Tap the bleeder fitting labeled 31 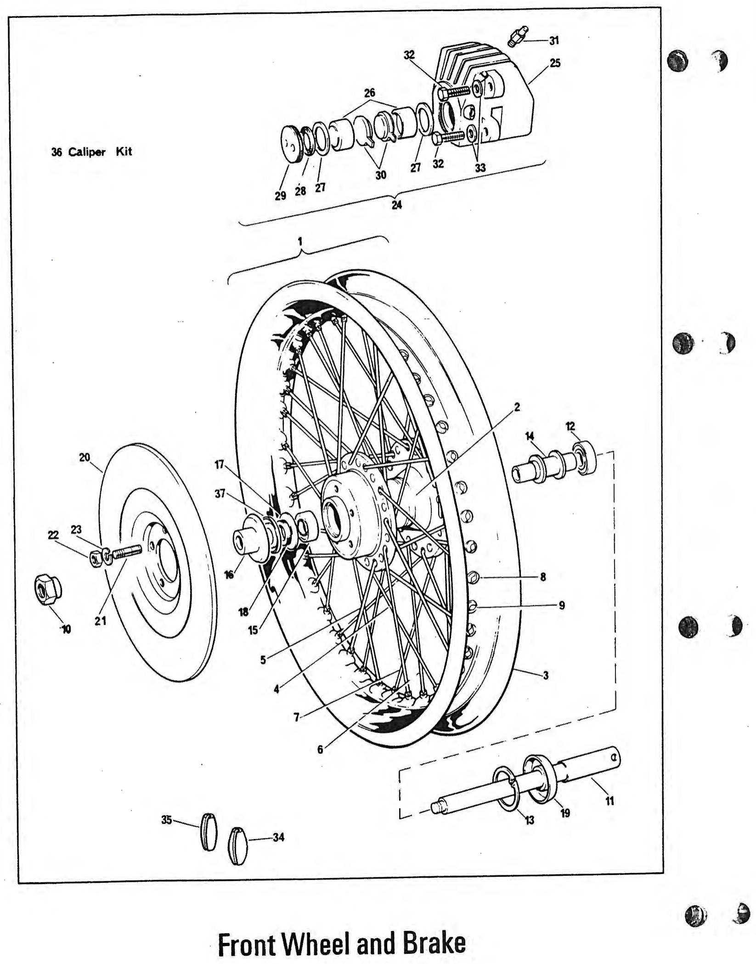[x=518, y=36]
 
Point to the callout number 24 [x=396, y=205]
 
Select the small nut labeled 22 [x=95, y=558]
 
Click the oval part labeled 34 [x=237, y=846]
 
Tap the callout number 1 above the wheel [x=300, y=242]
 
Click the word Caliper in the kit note [x=87, y=152]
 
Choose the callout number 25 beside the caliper [x=555, y=63]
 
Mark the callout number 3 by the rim [x=546, y=675]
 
